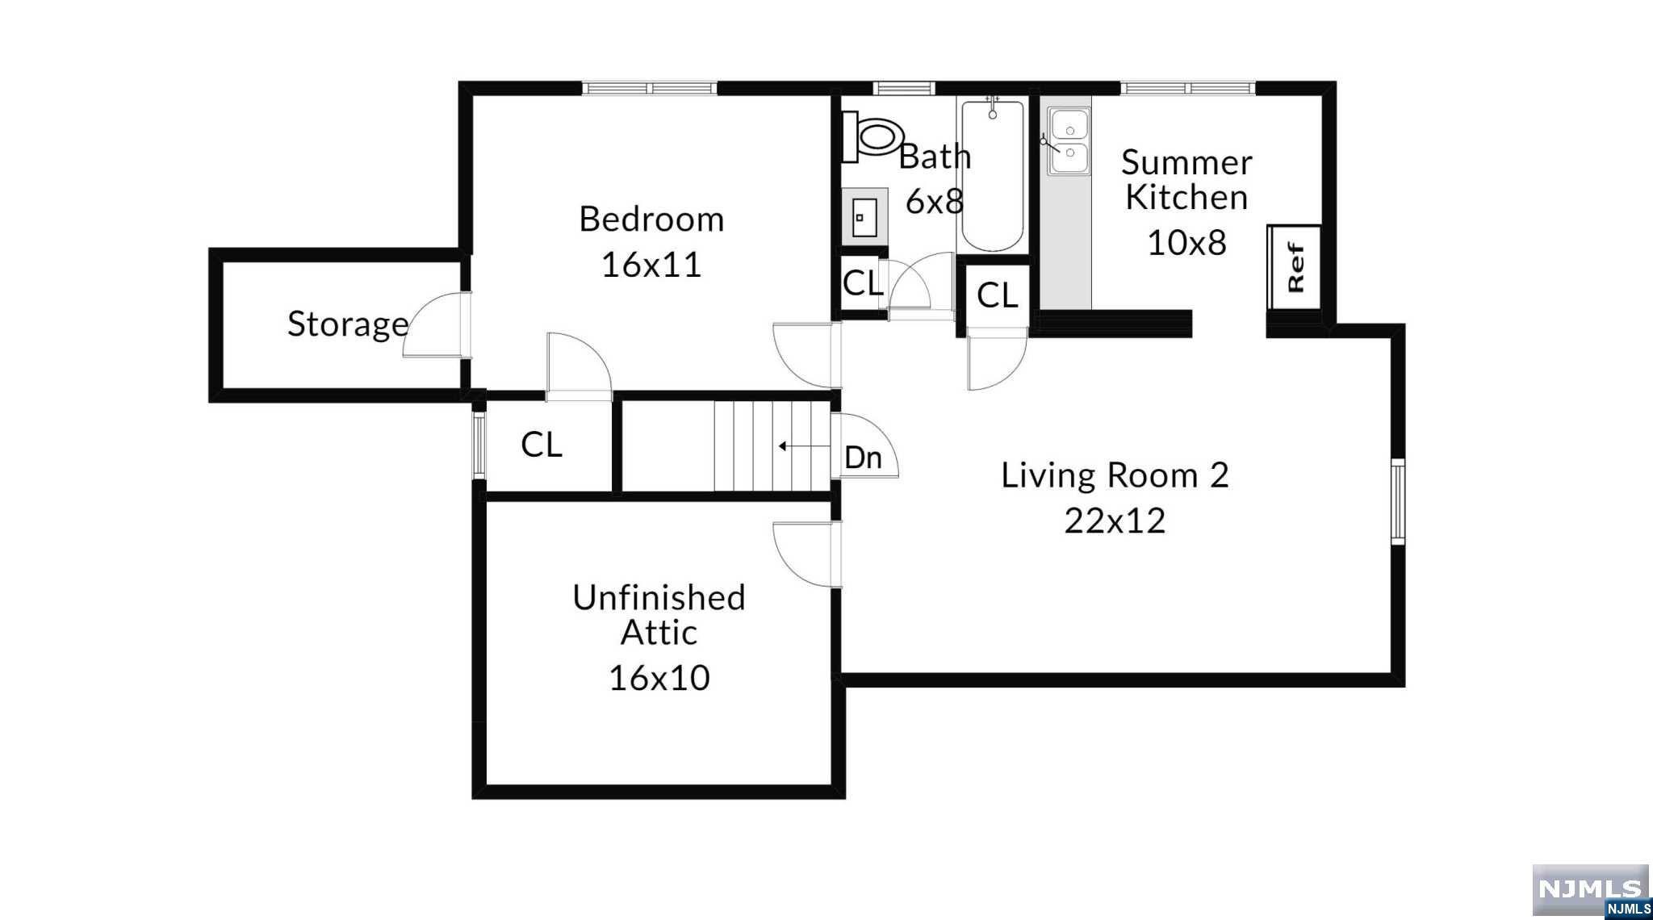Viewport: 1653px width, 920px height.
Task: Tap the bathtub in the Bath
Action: pos(992,175)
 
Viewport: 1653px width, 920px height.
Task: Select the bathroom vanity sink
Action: pos(864,217)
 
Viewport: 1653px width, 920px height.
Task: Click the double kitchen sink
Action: pos(1069,142)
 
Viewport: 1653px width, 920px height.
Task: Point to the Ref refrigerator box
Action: pos(1294,267)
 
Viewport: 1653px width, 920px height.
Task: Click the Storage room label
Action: pos(348,324)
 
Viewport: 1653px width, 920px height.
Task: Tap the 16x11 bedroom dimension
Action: pos(651,264)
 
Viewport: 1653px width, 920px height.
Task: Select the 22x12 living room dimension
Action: pos(1115,521)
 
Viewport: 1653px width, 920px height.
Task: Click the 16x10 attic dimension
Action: pos(659,678)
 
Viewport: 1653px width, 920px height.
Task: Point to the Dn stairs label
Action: pos(863,458)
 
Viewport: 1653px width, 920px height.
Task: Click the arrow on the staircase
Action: pos(804,445)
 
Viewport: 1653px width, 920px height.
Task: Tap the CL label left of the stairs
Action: pos(542,444)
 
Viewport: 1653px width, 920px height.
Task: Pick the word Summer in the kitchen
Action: pos(1186,162)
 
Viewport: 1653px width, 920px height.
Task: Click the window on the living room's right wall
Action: pos(1398,501)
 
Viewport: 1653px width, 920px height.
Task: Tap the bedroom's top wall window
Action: pos(651,88)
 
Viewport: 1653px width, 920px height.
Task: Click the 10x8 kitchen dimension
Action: pos(1186,242)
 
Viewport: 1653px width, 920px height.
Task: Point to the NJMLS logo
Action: pos(1590,891)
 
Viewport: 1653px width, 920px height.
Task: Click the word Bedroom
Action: pos(651,220)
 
